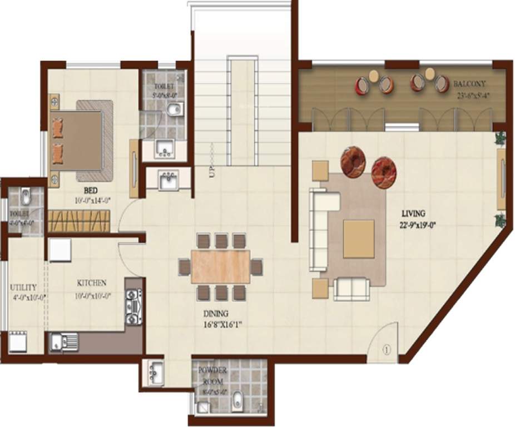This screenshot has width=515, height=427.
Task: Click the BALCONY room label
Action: point(469,83)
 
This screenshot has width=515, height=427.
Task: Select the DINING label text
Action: point(215,314)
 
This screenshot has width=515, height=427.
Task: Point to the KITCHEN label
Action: point(91,283)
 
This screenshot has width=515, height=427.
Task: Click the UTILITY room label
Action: point(23,287)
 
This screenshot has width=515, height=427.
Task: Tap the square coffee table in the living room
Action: point(359,239)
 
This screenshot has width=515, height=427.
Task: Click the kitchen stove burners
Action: point(133,307)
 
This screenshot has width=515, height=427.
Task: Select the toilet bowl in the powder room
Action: point(237,400)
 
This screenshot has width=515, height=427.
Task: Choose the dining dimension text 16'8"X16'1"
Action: point(222,326)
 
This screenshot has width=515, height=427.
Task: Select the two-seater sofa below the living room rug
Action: point(351,288)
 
